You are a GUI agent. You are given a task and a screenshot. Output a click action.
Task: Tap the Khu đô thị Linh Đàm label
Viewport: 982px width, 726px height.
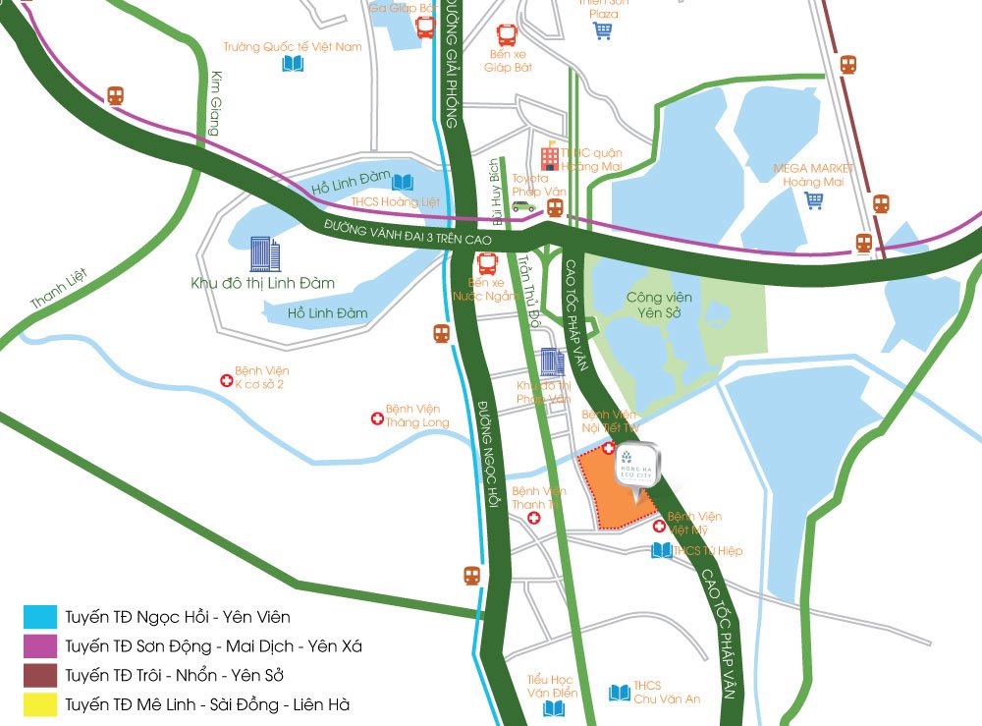click(262, 283)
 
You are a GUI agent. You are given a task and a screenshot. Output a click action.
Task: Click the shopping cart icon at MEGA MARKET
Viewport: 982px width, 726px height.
click(813, 200)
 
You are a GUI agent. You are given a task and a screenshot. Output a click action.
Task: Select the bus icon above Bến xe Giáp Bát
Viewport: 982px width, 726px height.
click(507, 35)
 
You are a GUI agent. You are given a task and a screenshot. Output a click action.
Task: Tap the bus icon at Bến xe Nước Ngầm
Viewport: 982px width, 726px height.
click(487, 263)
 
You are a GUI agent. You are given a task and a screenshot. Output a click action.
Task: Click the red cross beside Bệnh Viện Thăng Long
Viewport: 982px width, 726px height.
click(375, 419)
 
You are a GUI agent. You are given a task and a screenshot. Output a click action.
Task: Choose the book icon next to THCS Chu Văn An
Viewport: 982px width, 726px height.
click(619, 693)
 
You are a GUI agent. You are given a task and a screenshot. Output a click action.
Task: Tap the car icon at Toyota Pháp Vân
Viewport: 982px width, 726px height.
click(523, 206)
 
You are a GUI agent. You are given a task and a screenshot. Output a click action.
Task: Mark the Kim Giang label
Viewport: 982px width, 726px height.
click(213, 104)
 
